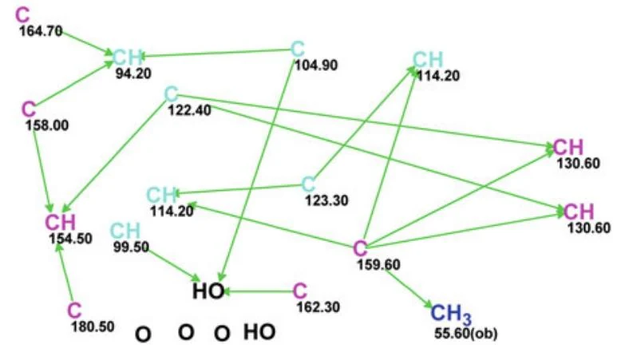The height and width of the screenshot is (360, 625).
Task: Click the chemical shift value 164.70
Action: tap(41, 31)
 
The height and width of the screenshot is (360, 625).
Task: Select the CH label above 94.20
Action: tap(128, 57)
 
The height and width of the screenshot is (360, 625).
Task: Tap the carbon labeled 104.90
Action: tap(298, 49)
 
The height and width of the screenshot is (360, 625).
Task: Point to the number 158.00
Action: tap(47, 125)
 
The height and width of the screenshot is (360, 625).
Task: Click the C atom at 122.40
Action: tap(171, 94)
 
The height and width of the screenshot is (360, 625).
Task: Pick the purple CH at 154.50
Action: tap(60, 222)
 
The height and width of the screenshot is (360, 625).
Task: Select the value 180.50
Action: tap(93, 326)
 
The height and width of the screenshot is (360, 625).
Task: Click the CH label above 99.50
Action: tap(125, 231)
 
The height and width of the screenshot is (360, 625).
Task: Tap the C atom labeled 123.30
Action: tap(308, 184)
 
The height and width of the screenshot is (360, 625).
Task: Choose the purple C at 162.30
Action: tap(300, 291)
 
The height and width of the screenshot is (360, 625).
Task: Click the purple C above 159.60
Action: tap(360, 248)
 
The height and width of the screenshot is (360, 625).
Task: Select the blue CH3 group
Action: tap(451, 314)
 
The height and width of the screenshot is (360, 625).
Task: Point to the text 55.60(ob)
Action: tap(466, 334)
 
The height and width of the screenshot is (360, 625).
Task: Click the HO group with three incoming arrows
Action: tap(208, 291)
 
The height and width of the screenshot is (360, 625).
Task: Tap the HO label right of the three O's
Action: tap(259, 332)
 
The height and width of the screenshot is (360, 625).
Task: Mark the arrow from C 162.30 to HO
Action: tap(259, 292)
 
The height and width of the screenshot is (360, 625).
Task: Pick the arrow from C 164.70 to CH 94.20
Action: tap(87, 43)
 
